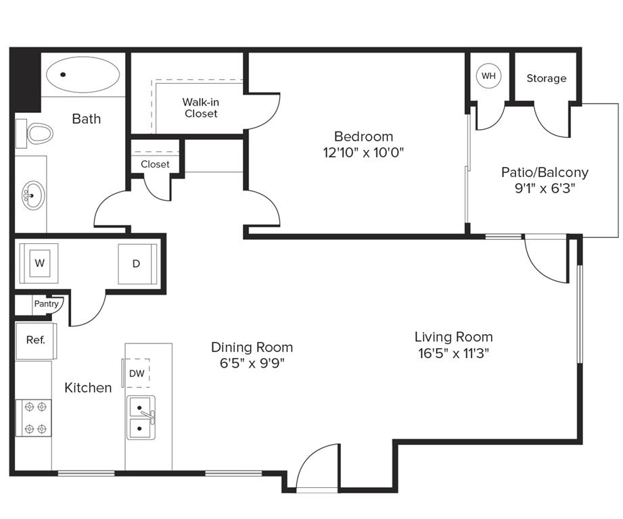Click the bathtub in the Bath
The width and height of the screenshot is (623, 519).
(x=83, y=74)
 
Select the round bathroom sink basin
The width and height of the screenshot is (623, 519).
(x=33, y=195)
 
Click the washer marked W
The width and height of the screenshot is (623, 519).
(x=39, y=263)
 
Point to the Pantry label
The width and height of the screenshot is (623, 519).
(x=46, y=304)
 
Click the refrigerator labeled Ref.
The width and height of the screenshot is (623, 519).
(x=35, y=341)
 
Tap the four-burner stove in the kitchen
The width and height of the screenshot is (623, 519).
(x=33, y=418)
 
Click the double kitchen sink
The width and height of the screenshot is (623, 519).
(x=141, y=418)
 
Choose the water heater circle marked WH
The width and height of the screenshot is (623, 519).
(x=488, y=76)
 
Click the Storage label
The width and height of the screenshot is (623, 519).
(x=547, y=78)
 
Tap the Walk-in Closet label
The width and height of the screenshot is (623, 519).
(x=201, y=108)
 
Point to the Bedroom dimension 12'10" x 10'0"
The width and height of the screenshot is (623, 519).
(x=363, y=152)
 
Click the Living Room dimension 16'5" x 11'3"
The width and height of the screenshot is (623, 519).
(x=453, y=353)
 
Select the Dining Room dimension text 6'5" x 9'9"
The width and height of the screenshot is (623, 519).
(x=252, y=363)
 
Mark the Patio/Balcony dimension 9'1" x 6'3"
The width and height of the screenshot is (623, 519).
(x=545, y=188)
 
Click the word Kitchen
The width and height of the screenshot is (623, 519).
(x=88, y=388)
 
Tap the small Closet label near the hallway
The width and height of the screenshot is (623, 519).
(x=155, y=164)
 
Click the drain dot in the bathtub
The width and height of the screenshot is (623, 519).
(x=63, y=74)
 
